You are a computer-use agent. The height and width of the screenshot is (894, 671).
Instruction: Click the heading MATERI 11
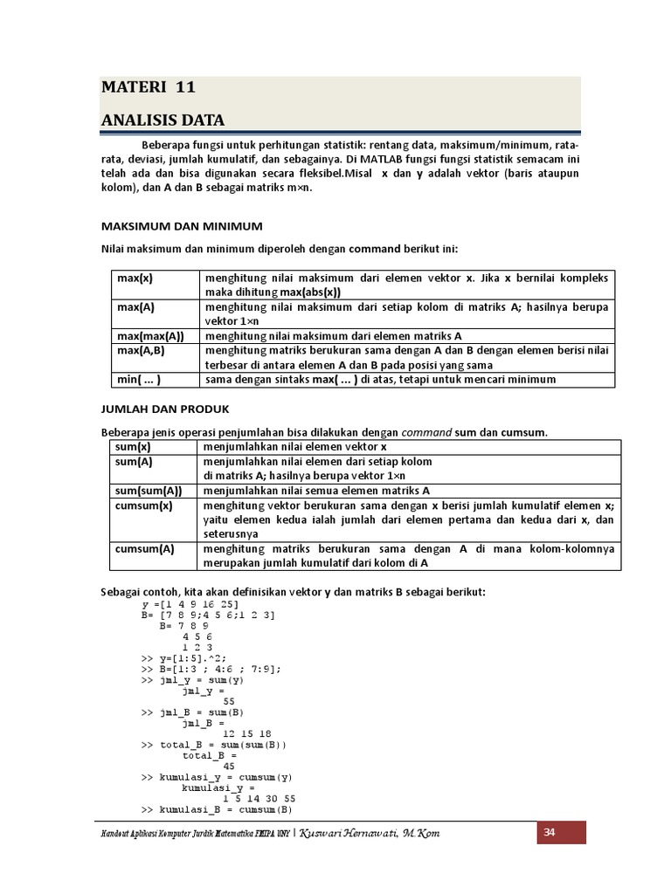coord(148,87)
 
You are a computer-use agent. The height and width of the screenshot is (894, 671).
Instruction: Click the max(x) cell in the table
coord(136,279)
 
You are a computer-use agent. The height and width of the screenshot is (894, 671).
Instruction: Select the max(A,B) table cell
coord(141,349)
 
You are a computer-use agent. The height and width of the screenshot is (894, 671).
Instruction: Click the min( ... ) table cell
coord(140,380)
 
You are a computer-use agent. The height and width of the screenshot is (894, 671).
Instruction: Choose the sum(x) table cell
coord(134,447)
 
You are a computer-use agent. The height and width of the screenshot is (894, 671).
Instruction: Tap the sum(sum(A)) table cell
coord(149,491)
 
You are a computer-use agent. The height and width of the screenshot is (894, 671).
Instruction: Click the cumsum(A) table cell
coord(145,549)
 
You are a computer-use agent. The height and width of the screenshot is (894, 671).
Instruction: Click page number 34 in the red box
coord(550,832)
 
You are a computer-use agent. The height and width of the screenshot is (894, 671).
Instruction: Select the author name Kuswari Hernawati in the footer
coord(369,834)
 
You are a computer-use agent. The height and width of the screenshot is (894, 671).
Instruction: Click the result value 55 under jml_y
coord(229,701)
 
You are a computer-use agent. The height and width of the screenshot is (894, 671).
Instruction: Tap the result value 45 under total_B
coord(229,766)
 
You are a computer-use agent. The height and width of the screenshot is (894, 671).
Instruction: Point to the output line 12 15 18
coord(247,733)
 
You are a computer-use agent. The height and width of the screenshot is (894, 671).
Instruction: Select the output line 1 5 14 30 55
coord(259,798)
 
